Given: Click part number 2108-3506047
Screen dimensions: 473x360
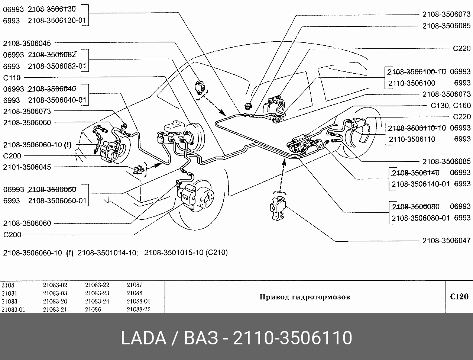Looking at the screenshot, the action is point(446,241).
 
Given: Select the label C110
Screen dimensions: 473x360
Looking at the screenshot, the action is point(12,78).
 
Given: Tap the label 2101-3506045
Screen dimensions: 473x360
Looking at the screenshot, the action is point(27,167).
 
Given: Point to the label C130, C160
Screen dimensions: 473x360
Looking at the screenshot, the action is point(451,106).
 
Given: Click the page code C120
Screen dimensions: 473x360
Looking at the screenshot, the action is point(459,296).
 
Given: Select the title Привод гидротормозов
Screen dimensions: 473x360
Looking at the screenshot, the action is point(305,297).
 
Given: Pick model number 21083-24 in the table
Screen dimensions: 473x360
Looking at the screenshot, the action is point(97,301).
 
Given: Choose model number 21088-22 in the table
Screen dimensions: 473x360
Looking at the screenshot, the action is point(139,309).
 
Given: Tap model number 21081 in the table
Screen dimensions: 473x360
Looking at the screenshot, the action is point(9,293).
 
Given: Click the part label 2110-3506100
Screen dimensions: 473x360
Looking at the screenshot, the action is point(412,83).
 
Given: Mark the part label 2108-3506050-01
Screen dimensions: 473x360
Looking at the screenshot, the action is point(57,200).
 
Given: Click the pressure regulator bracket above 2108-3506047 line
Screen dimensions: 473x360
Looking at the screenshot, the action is point(278,208).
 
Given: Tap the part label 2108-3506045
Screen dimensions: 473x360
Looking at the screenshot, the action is point(27,44).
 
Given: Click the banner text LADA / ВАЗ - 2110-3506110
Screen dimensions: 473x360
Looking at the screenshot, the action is point(236,338).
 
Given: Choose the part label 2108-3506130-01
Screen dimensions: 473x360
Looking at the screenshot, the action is point(57,20).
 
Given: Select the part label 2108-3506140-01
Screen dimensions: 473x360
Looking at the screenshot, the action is point(420,184).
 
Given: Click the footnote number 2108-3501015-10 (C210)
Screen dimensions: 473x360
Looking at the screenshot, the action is point(186,253).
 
